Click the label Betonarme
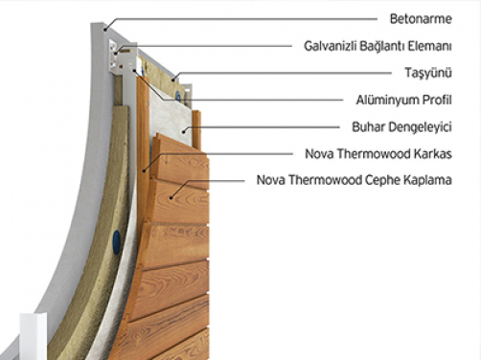coord(420,17)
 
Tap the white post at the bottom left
coord(29,334)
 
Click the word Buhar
coord(369,125)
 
